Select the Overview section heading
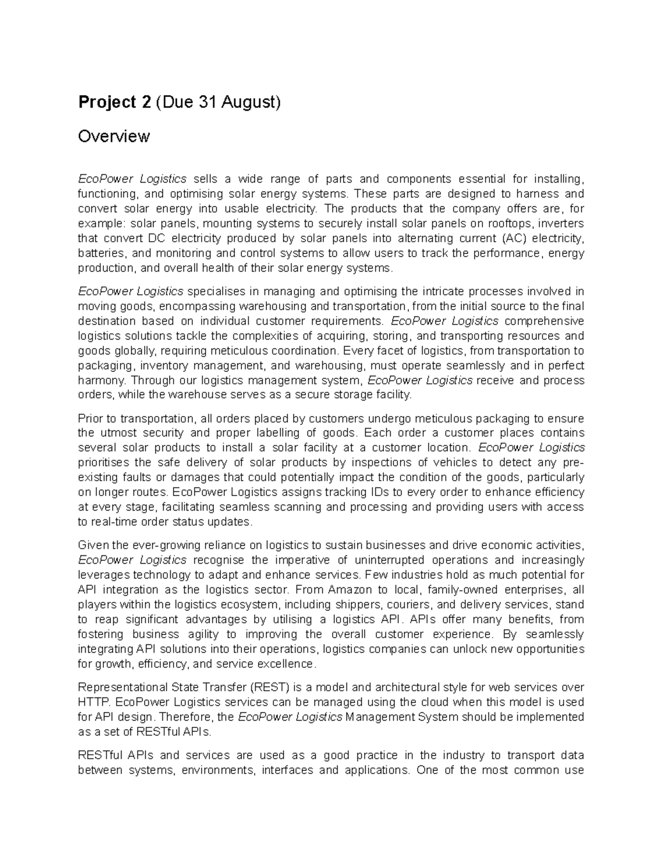click(114, 136)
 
